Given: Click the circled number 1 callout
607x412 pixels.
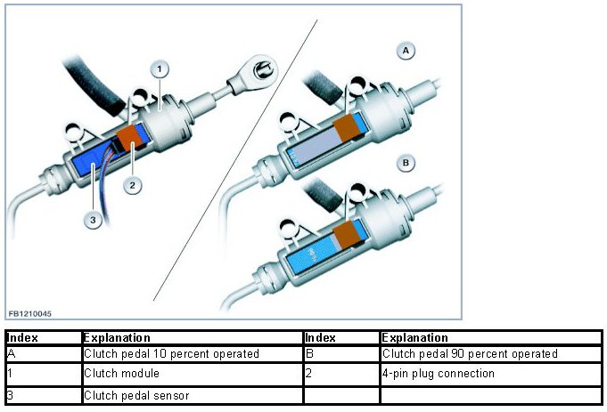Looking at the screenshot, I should pyautogui.click(x=158, y=68).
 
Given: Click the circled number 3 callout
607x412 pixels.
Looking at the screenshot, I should pyautogui.click(x=93, y=221).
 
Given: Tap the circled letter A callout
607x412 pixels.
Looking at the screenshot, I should pyautogui.click(x=406, y=52).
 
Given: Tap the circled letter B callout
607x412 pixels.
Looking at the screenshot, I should pyautogui.click(x=406, y=164).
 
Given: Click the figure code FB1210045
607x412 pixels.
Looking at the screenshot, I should pyautogui.click(x=29, y=313).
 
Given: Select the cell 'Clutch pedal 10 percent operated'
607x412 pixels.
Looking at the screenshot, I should pyautogui.click(x=192, y=354).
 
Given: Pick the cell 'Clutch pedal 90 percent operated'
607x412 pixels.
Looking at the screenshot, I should pyautogui.click(x=491, y=354).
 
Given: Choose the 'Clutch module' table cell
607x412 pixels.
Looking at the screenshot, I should pyautogui.click(x=192, y=374).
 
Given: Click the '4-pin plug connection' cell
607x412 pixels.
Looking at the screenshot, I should pyautogui.click(x=491, y=374).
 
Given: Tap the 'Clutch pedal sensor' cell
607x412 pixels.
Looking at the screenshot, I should pyautogui.click(x=192, y=394).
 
